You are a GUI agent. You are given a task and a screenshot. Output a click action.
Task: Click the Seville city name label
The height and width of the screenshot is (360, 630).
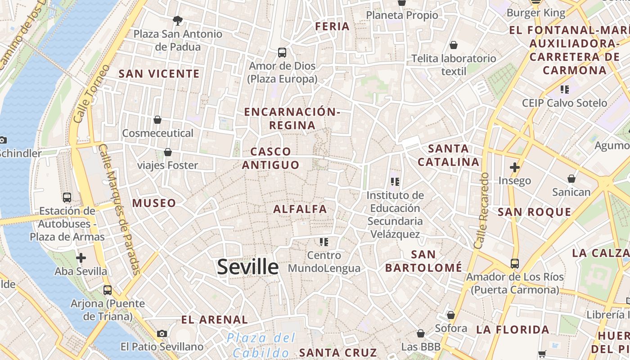click(x=247, y=267)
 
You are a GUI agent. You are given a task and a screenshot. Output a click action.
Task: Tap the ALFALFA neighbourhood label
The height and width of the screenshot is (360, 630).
click(x=300, y=209)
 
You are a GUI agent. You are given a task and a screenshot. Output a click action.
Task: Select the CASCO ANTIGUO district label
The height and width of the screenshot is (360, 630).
click(x=271, y=158)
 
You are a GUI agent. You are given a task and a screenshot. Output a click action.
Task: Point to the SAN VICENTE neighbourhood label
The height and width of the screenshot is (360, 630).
click(x=159, y=74)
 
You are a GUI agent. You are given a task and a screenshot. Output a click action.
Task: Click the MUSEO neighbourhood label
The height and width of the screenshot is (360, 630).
click(x=154, y=203)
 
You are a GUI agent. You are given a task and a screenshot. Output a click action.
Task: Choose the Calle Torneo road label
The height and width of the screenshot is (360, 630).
click(x=91, y=94)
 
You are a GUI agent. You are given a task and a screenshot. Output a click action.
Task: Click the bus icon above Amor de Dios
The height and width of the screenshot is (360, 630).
click(x=282, y=53)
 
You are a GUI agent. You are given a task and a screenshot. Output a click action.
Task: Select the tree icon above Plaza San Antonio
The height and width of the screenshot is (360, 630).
click(x=178, y=20)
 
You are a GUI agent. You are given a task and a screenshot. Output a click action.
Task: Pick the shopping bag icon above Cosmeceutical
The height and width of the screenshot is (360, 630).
click(x=157, y=120)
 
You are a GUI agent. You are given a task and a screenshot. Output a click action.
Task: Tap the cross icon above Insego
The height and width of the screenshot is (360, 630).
click(x=515, y=168)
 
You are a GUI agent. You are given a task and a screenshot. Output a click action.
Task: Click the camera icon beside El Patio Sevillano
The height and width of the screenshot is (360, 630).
click(x=162, y=333)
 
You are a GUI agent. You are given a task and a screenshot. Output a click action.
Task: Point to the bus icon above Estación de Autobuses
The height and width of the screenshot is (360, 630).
click(x=67, y=197)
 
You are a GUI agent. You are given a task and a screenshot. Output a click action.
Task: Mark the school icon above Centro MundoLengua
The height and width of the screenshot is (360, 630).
click(x=324, y=242)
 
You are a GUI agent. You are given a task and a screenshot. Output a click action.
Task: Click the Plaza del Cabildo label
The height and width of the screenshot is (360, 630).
click(x=261, y=345)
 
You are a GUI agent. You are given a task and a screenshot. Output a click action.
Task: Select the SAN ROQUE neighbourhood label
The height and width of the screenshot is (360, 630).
click(x=534, y=212)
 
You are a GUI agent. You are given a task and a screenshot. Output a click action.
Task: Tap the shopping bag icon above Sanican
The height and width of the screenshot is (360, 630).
click(x=571, y=179)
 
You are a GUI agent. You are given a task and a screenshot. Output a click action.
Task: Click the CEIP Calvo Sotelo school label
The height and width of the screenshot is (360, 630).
click(x=564, y=103)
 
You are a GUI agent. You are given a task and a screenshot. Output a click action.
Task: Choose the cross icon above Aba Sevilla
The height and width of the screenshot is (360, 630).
click(x=81, y=258)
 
